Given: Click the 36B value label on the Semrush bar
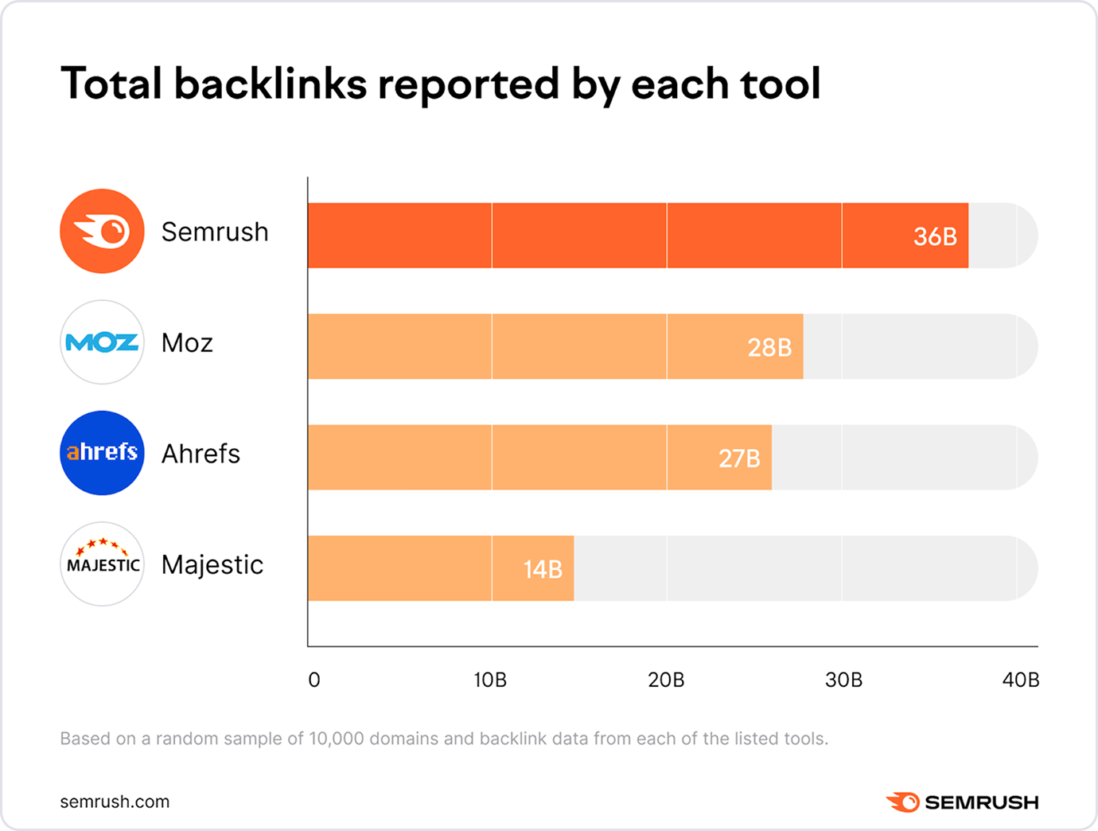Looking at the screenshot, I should tap(935, 236).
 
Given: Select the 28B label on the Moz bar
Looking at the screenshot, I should tap(769, 348).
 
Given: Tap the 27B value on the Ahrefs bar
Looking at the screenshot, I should tap(739, 458).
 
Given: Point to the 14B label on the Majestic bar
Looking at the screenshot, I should tap(543, 569).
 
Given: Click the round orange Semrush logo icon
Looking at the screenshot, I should tap(102, 232).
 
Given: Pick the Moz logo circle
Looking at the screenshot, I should tap(102, 342).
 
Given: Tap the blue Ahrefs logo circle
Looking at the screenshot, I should tap(102, 453).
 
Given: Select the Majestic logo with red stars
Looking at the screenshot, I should tap(102, 564).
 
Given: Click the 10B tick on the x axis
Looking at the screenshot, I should tap(490, 680).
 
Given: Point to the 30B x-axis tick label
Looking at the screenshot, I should tap(843, 680).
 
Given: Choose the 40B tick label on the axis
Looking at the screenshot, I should tap(1021, 680).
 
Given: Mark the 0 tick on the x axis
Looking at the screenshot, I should tap(314, 680).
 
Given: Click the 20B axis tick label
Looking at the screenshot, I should tap(666, 680).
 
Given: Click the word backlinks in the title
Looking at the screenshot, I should tap(271, 84).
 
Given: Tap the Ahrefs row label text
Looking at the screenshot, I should tap(201, 454).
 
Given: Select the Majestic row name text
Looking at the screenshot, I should tap(212, 564).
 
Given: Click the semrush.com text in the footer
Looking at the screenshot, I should tap(115, 802).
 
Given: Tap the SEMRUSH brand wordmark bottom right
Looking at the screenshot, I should tap(980, 802).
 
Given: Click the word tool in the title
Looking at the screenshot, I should tap(780, 84).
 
